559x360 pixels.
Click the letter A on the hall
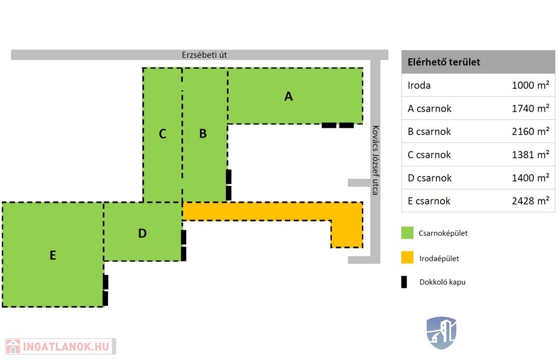coord(289,97)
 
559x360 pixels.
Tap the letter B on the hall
coord(203,134)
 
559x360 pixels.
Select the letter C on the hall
coord(162,134)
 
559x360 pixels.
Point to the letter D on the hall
coord(142,233)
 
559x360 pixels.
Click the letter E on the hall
coord(53,255)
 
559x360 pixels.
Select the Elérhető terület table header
coord(444,62)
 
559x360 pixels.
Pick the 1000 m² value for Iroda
coord(530,85)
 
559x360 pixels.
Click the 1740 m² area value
coord(530,109)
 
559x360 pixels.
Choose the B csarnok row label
coord(429,131)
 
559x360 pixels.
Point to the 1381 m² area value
coord(530,155)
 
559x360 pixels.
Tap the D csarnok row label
coord(429,178)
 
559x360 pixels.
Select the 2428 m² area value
coord(530,201)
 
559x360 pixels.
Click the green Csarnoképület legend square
coord(407,233)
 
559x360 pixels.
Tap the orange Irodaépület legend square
coord(407,257)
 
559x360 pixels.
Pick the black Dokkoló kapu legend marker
coord(404,282)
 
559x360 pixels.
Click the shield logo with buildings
coord(441,332)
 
